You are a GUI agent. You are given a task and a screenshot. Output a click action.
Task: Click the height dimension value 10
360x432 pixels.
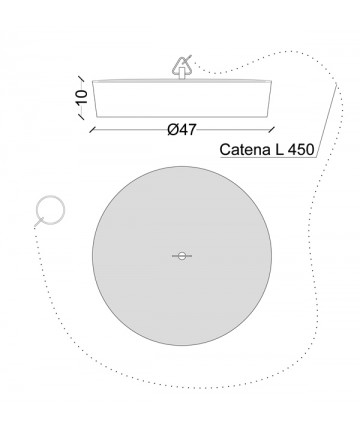(x=82, y=97)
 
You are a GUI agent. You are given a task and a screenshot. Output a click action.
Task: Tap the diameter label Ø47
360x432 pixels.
(x=182, y=129)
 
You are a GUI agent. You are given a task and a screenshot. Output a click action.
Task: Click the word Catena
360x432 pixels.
(x=245, y=150)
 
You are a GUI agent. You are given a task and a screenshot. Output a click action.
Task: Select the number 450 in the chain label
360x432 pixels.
(x=301, y=150)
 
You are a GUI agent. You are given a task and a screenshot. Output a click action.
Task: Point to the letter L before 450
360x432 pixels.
(x=279, y=150)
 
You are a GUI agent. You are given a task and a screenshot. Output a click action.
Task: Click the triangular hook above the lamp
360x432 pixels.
(x=182, y=66)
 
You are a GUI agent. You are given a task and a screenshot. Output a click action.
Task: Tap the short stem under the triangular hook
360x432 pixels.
(x=182, y=74)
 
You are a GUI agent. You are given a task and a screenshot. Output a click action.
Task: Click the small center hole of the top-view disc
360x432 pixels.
(x=182, y=256)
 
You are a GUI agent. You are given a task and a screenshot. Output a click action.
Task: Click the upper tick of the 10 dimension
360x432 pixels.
(x=80, y=79)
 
